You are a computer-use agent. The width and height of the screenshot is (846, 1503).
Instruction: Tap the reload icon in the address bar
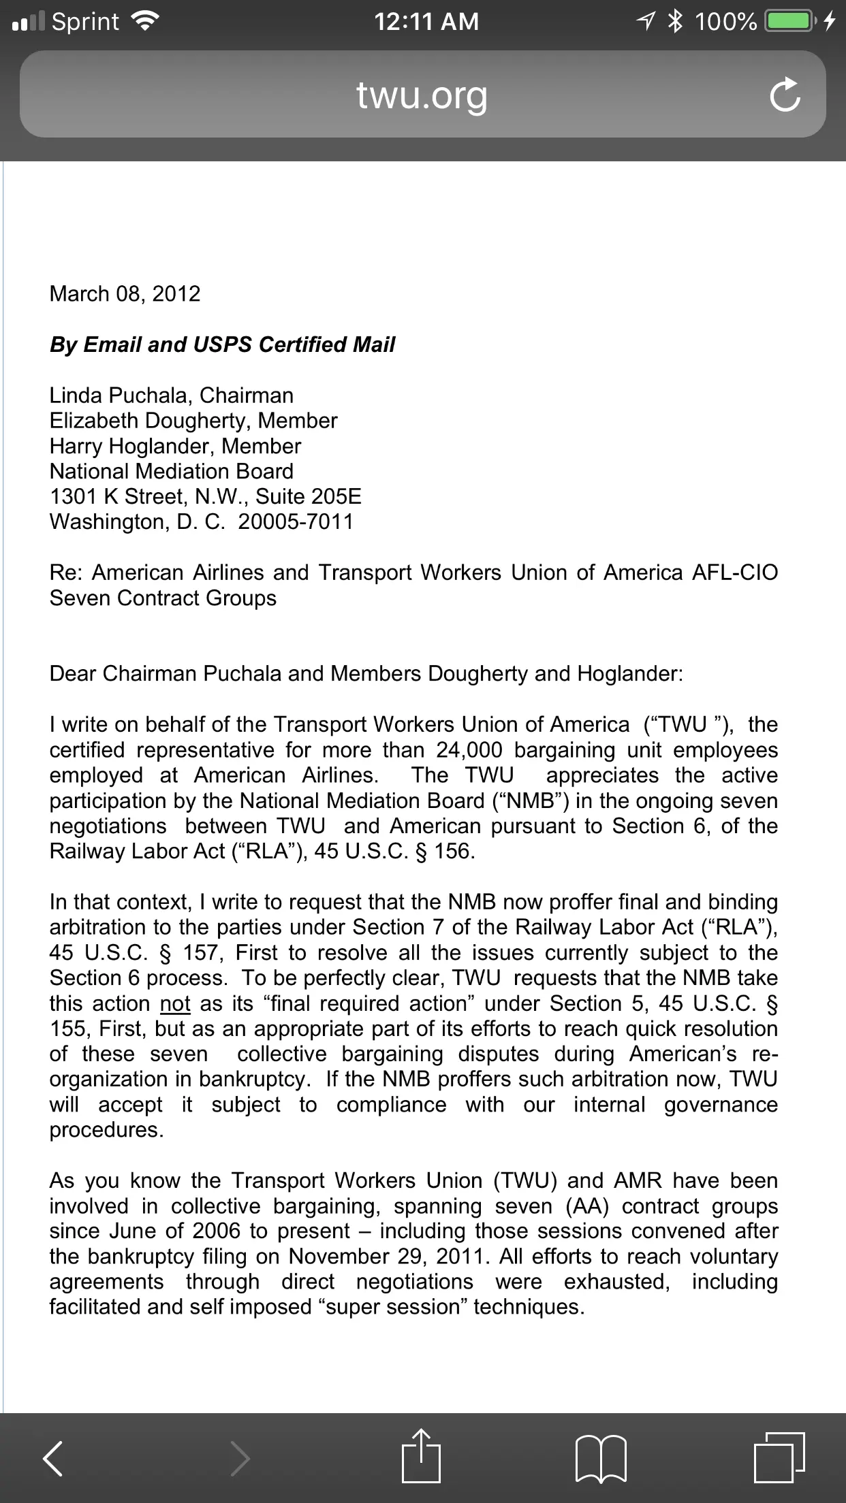point(785,95)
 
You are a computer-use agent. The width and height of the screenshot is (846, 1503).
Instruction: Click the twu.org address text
point(422,95)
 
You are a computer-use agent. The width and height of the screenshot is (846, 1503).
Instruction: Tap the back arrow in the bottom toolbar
point(53,1458)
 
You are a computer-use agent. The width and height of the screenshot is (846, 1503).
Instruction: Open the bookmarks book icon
point(601,1458)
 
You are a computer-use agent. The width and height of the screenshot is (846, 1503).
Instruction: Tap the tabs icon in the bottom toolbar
point(779,1457)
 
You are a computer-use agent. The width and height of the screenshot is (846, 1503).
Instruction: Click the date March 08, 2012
point(125,294)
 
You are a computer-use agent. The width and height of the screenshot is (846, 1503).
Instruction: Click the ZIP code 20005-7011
point(296,522)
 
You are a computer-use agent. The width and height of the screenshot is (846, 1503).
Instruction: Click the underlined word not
point(175,1004)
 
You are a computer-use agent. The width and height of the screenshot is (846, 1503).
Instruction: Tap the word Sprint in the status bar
point(86,22)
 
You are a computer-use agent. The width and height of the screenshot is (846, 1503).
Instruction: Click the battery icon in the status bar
point(790,22)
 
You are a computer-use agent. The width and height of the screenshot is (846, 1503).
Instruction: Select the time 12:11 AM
point(426,22)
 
